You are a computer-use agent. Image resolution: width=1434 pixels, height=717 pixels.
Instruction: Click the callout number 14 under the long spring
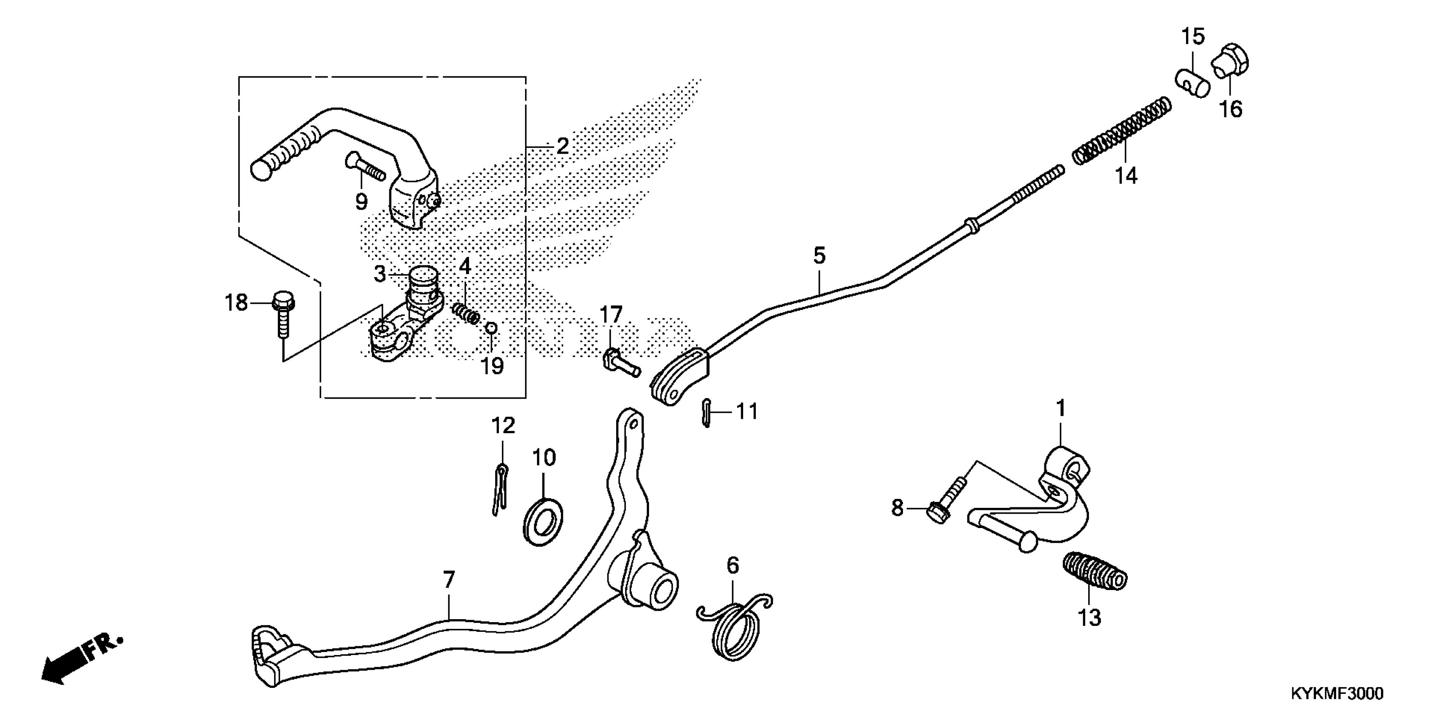pyautogui.click(x=1126, y=176)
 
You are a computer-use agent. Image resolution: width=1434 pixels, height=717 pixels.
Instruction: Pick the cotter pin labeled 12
pyautogui.click(x=500, y=488)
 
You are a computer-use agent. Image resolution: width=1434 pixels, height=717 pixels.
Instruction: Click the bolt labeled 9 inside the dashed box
pyautogui.click(x=365, y=167)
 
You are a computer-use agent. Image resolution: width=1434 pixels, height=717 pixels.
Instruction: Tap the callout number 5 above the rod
pyautogui.click(x=819, y=256)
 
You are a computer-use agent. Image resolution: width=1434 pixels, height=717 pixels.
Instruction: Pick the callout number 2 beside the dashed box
pyautogui.click(x=562, y=146)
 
